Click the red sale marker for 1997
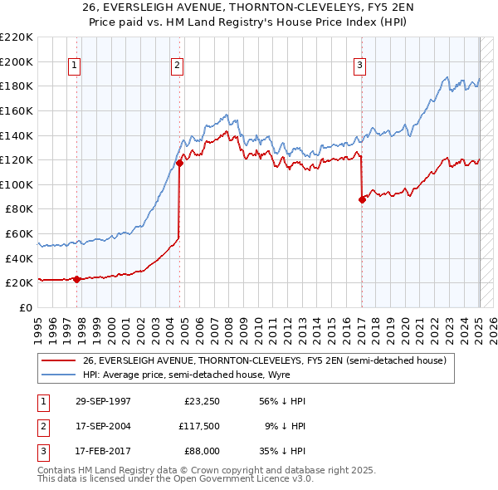point(76,279)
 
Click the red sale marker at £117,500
point(179,163)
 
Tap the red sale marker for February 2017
point(362,199)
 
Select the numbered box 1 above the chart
point(75,66)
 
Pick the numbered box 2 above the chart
point(178,66)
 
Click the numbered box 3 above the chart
point(360,66)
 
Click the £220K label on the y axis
point(18,37)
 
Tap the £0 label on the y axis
point(25,307)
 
